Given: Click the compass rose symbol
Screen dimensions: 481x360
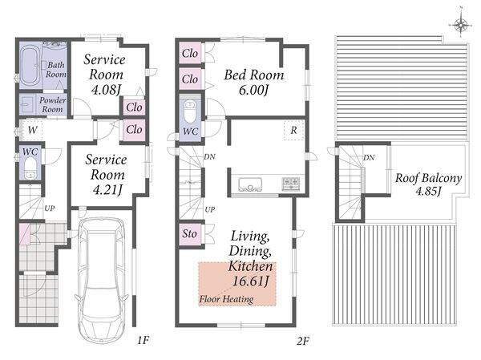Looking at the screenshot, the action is pyautogui.click(x=461, y=25).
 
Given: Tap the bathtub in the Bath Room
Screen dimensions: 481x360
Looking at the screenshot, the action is pyautogui.click(x=30, y=66).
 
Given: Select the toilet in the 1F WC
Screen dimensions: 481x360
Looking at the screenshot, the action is pyautogui.click(x=30, y=168).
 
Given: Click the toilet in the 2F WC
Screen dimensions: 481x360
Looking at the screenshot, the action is pyautogui.click(x=190, y=111).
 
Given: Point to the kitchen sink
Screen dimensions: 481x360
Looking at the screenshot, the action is pyautogui.click(x=250, y=184).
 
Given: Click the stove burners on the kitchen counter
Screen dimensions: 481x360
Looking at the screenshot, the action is pyautogui.click(x=290, y=184).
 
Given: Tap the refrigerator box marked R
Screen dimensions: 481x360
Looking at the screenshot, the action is pyautogui.click(x=294, y=131).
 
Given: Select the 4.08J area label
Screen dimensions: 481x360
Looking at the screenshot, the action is pyautogui.click(x=106, y=90).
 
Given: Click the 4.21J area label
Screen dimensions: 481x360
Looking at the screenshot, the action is pyautogui.click(x=107, y=190).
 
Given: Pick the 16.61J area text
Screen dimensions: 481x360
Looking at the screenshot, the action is pyautogui.click(x=251, y=281).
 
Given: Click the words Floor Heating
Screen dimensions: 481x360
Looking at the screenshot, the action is pyautogui.click(x=226, y=299).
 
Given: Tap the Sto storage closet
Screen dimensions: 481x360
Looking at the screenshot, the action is pyautogui.click(x=190, y=234).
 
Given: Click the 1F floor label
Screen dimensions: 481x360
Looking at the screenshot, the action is pyautogui.click(x=143, y=340).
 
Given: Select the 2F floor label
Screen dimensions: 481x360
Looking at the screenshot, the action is pyautogui.click(x=303, y=341).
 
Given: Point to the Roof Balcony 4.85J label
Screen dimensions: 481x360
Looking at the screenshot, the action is pyautogui.click(x=428, y=184).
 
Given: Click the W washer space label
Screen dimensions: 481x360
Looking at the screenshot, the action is pyautogui.click(x=33, y=130).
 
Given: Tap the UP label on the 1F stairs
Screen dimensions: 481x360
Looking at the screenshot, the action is pyautogui.click(x=50, y=208).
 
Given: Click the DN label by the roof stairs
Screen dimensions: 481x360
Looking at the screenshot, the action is pyautogui.click(x=369, y=158).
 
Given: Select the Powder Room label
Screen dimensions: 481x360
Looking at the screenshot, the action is pyautogui.click(x=52, y=105).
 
